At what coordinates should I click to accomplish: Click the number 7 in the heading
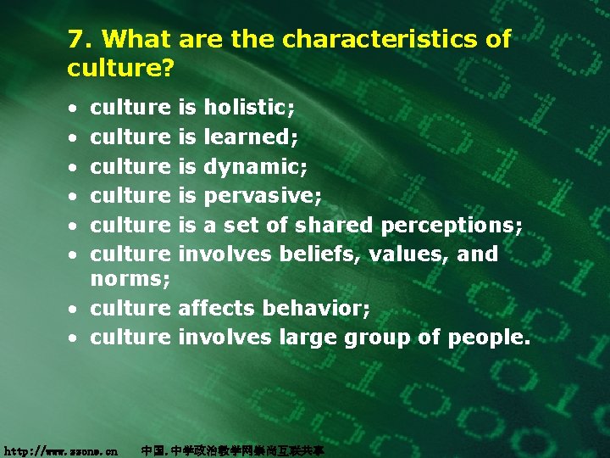(76, 39)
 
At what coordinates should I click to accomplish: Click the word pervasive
(261, 196)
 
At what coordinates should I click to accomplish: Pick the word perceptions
(453, 226)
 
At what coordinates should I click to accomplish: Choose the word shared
(333, 225)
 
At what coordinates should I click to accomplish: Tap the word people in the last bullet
(486, 338)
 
